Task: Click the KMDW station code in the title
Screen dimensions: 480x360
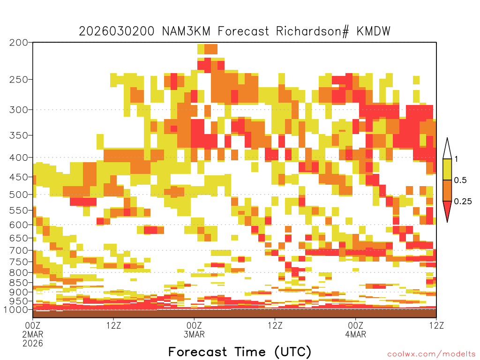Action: pos(373,31)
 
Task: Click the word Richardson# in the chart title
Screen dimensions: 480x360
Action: pos(312,31)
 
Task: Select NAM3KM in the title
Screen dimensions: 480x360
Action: pos(186,31)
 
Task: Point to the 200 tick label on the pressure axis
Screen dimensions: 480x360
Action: pos(19,43)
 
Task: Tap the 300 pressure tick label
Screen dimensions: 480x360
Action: pos(19,110)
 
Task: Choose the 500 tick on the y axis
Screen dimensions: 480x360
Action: pos(19,195)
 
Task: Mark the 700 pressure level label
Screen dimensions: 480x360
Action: pos(19,250)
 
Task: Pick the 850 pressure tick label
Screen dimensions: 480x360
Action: pos(19,282)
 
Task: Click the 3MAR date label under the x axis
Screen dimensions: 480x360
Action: pos(194,334)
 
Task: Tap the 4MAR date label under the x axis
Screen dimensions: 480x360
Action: pos(355,334)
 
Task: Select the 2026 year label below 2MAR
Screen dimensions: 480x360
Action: pos(33,343)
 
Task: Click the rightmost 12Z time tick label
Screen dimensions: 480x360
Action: pos(436,325)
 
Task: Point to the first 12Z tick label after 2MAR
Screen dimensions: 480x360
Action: pos(113,325)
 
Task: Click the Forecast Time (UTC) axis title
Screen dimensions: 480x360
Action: pos(240,352)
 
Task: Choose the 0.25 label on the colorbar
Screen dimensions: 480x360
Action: pos(463,201)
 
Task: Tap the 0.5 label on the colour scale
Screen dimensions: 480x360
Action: pos(460,180)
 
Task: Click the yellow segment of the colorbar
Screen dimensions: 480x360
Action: pos(447,169)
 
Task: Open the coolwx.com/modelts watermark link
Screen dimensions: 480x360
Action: pos(431,354)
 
